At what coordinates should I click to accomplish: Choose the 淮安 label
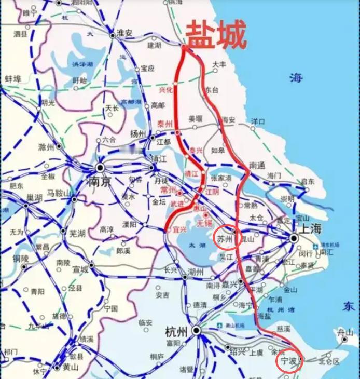coord(124,33)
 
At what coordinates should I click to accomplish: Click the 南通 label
coord(257,165)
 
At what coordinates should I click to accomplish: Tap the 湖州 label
coord(196,272)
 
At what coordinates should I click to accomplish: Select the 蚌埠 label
coord(12,78)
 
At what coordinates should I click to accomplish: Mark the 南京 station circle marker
coord(100,167)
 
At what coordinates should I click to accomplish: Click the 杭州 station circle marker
coord(196,330)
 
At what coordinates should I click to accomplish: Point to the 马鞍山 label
coord(58,193)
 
